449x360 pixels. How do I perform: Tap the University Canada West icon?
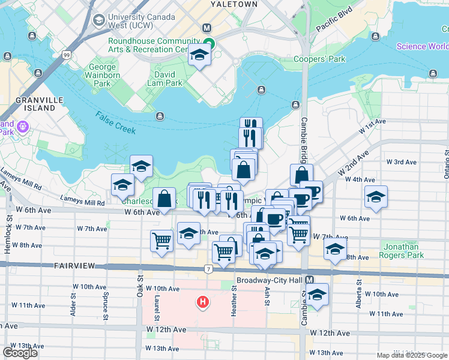[97, 21]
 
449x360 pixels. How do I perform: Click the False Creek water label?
[115, 122]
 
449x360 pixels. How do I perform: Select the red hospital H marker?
[203, 301]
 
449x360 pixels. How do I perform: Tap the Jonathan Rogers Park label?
[405, 251]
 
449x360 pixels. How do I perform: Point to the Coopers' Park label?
[319, 59]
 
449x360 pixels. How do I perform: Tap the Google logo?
[20, 353]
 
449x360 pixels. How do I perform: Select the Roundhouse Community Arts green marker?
[208, 43]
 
